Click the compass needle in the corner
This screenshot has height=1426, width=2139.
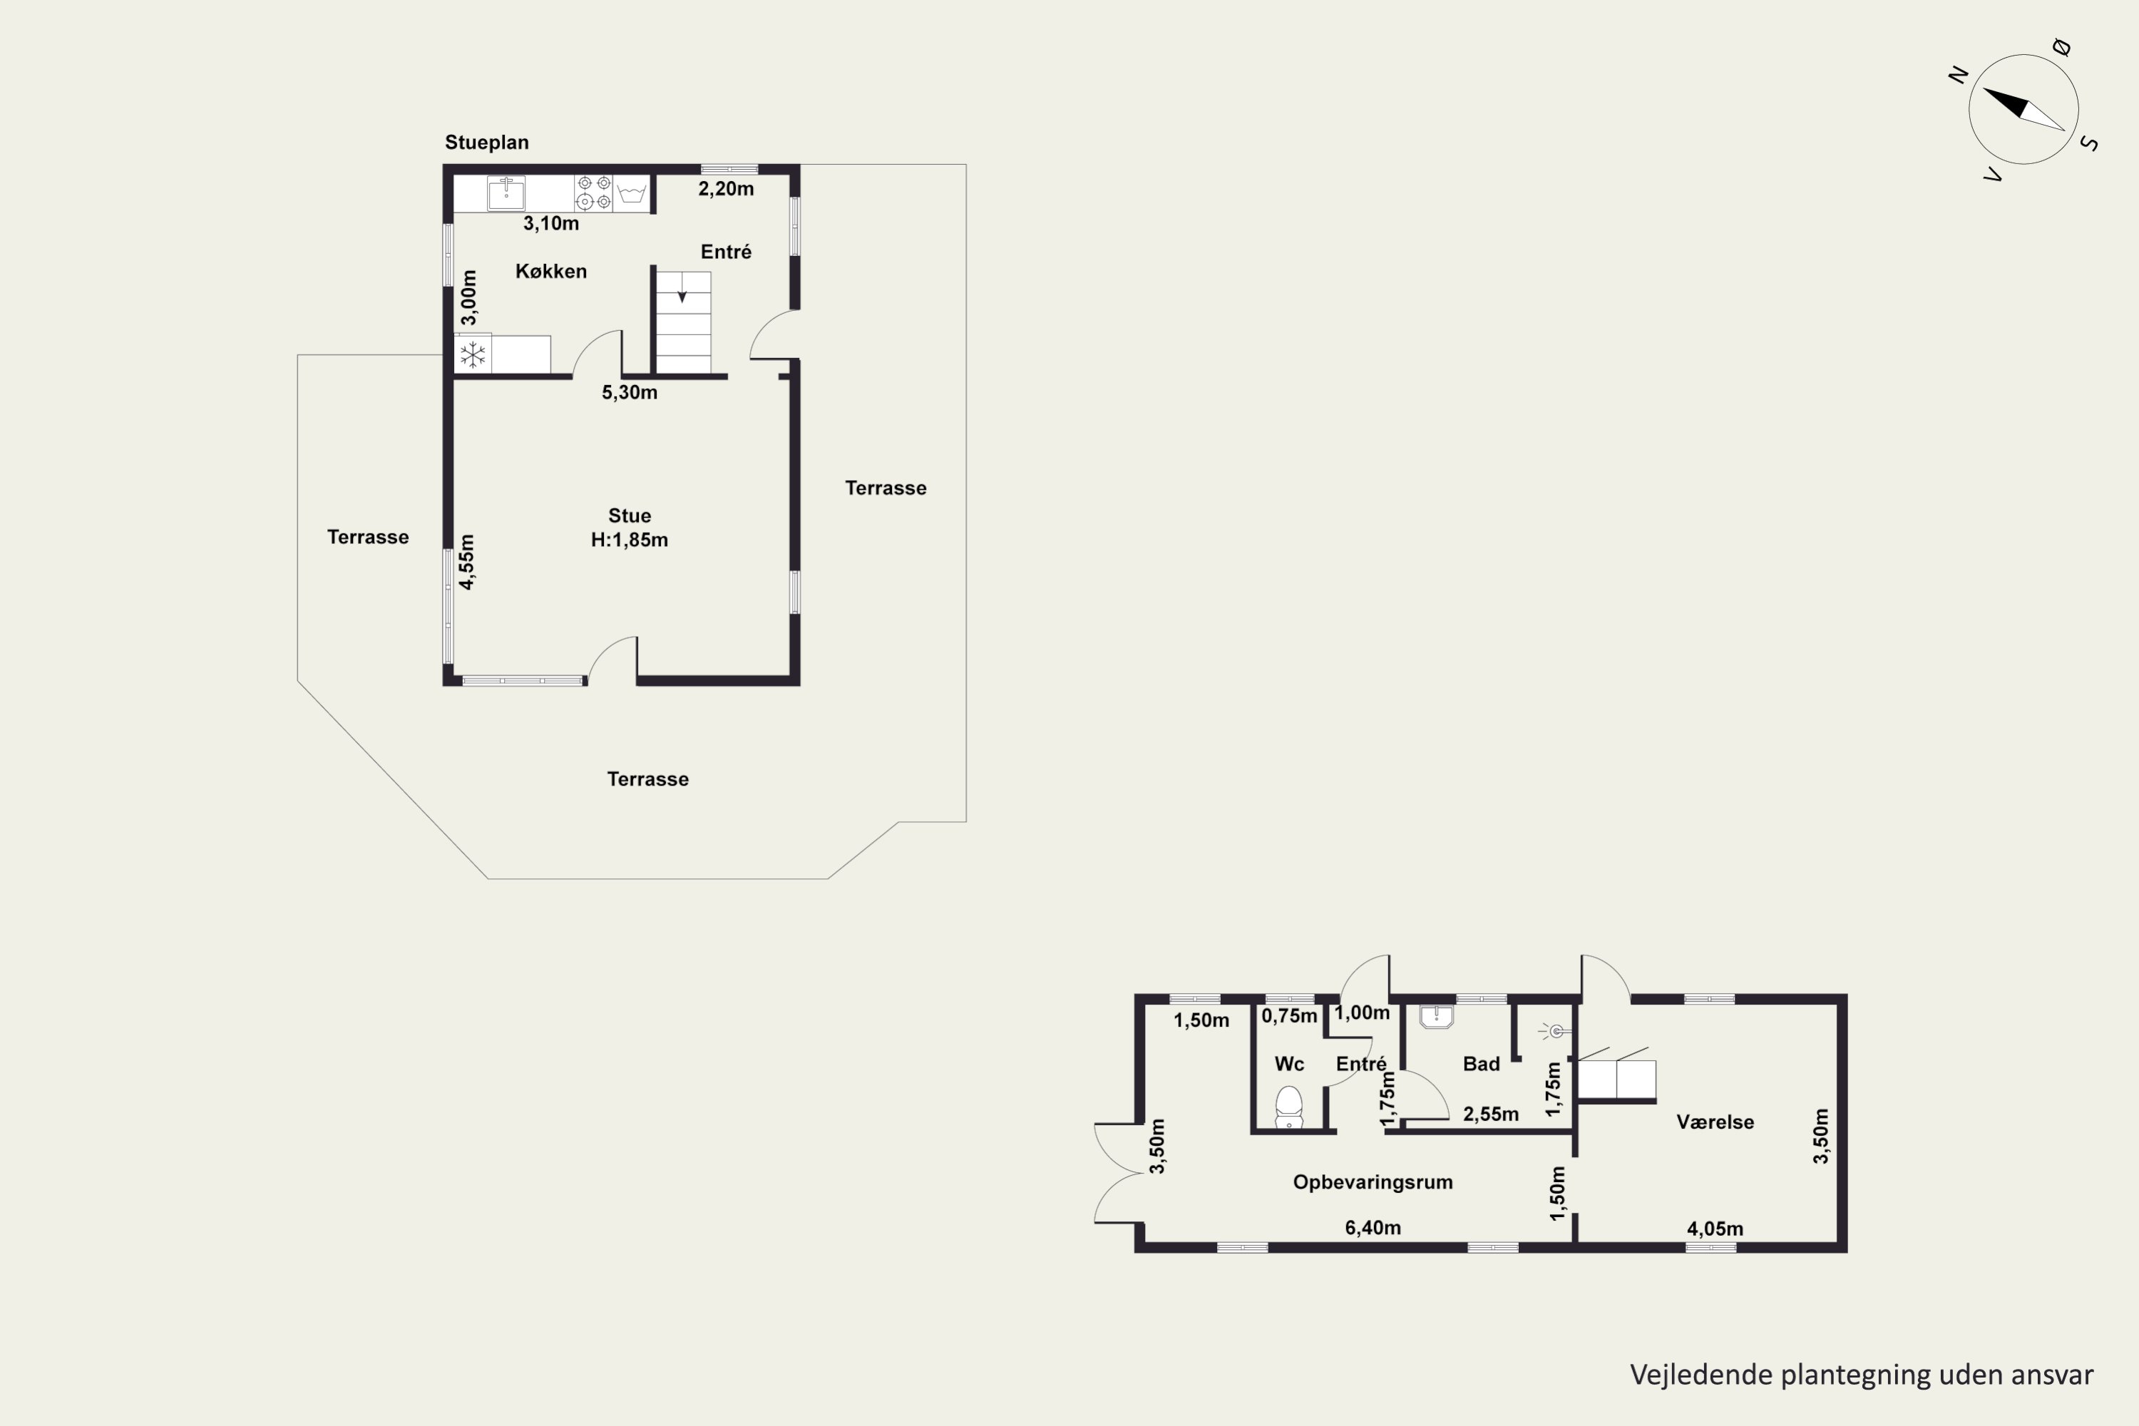click(2023, 109)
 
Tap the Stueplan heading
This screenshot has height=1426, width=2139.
click(486, 142)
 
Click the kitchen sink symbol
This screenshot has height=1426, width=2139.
click(506, 193)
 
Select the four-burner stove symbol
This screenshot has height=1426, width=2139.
click(594, 193)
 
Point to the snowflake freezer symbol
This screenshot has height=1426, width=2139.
click(473, 354)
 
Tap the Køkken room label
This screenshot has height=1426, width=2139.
click(551, 271)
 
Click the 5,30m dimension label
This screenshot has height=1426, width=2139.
click(630, 393)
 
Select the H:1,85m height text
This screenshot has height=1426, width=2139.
click(630, 540)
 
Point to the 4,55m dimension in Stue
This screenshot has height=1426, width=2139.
click(466, 562)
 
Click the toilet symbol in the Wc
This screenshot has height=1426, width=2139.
click(1288, 1107)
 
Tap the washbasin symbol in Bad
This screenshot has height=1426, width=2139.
click(1436, 1016)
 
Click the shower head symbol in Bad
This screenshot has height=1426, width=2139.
click(1554, 1031)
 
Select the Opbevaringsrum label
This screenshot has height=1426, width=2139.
click(1373, 1182)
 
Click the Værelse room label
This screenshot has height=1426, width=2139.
click(1715, 1122)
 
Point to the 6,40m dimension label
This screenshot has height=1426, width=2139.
click(1373, 1228)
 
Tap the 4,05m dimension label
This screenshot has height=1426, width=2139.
click(1715, 1229)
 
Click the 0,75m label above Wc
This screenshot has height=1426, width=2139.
click(1290, 1016)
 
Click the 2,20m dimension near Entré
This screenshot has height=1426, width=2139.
click(726, 189)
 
